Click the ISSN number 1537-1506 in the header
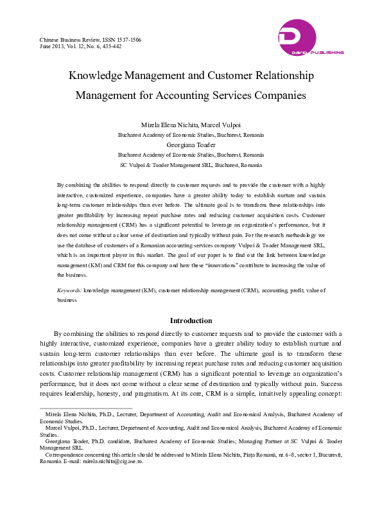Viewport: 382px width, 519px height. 126,40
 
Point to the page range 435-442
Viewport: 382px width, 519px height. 110,47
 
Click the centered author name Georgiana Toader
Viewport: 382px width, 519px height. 191,145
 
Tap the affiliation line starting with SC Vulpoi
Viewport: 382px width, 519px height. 191,165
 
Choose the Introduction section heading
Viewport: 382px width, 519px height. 191,321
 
